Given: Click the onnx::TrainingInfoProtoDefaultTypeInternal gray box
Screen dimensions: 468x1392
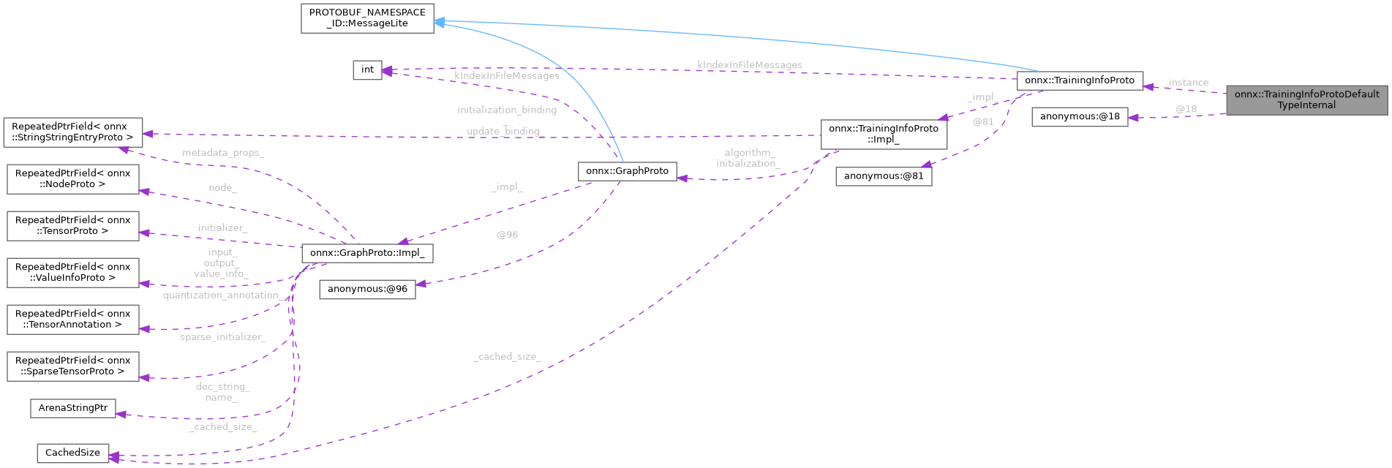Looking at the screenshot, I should (1306, 99).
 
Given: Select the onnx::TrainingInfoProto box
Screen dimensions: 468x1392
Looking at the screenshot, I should (1079, 80).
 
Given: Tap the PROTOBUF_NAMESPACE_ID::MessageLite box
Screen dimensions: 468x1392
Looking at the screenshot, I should (367, 18).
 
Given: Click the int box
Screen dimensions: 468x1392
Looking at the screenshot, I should (367, 70).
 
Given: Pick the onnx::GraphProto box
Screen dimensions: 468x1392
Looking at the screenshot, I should (627, 171).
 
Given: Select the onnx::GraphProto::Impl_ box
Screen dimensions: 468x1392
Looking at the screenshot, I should (367, 253).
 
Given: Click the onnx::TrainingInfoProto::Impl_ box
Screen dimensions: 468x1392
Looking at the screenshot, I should (883, 134).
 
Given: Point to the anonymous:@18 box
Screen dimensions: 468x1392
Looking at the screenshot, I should (1079, 117).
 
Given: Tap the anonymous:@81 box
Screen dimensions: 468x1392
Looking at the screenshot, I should (883, 176).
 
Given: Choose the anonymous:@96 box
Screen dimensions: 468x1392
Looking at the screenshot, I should (367, 290).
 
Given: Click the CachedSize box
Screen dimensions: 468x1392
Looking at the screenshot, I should (72, 453).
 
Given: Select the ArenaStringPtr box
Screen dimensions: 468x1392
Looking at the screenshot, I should (72, 408).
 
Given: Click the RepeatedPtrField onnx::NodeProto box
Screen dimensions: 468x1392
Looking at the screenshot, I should (72, 179).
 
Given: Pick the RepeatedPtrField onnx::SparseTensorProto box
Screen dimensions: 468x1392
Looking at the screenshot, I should (72, 366).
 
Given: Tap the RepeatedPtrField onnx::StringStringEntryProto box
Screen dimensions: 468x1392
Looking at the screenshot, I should (72, 132).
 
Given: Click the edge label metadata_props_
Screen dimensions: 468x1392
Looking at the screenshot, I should (222, 154).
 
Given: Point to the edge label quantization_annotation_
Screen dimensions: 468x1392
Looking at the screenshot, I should (222, 295).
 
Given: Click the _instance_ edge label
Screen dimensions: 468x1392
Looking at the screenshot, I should (1187, 83).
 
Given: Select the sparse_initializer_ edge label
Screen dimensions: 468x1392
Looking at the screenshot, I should (222, 338).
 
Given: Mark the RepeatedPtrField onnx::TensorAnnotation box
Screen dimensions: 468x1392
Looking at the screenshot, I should (72, 320).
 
